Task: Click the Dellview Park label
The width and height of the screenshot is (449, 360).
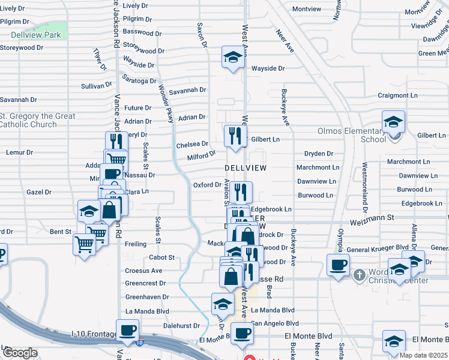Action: click(x=35, y=35)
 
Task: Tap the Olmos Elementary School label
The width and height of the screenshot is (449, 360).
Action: click(x=352, y=135)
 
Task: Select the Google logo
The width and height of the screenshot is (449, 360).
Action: click(x=20, y=353)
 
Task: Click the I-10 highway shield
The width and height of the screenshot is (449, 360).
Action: click(x=139, y=343)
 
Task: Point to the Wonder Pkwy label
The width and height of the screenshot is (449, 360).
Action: click(x=166, y=103)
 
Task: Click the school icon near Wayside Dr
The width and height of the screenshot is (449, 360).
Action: click(x=232, y=57)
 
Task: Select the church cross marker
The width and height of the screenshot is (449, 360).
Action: click(x=359, y=275)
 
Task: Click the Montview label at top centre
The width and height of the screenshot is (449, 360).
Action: click(x=307, y=9)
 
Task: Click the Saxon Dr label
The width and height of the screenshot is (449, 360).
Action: click(x=202, y=35)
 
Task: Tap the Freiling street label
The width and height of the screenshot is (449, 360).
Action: click(x=136, y=244)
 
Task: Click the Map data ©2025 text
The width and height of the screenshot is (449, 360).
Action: click(x=424, y=355)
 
